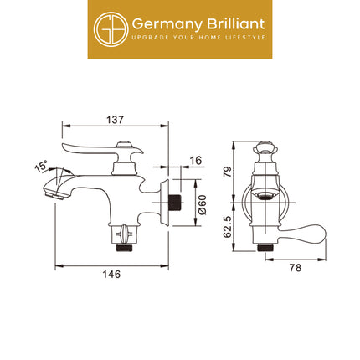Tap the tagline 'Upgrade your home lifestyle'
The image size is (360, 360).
[x=199, y=38]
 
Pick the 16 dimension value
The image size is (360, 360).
[x=195, y=160]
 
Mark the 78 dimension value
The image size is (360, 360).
[x=295, y=267]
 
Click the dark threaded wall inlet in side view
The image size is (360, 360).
[x=172, y=203]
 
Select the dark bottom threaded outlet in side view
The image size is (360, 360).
[x=123, y=244]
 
